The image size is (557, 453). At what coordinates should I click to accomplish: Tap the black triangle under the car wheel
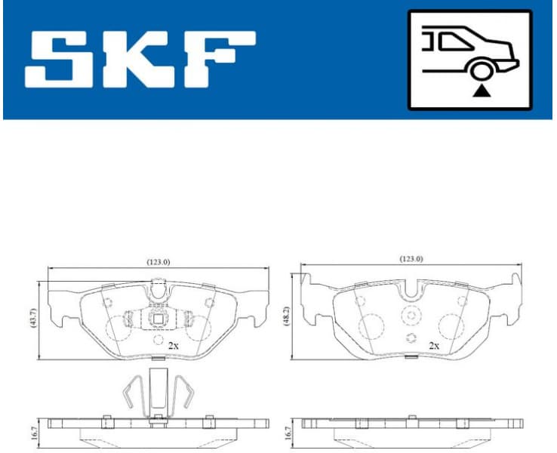(x=480, y=91)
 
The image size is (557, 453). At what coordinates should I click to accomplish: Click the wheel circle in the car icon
(x=480, y=72)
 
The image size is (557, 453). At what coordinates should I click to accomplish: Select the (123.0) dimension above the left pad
(x=158, y=261)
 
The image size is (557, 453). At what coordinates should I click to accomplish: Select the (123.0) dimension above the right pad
(x=411, y=258)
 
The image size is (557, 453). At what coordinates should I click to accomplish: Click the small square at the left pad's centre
(x=158, y=319)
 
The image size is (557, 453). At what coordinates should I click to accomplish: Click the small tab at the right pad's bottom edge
(x=411, y=357)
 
